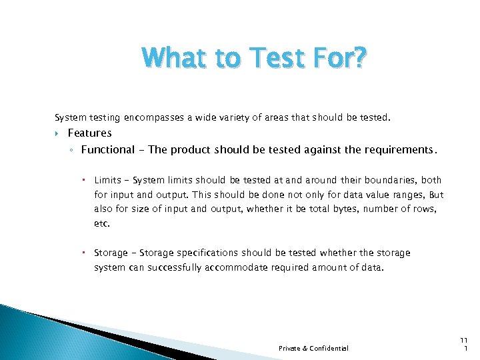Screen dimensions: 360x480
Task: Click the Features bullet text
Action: coord(89,133)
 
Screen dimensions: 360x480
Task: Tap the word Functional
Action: coord(108,149)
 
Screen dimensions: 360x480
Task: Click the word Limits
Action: coord(107,180)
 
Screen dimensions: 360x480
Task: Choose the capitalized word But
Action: coord(436,195)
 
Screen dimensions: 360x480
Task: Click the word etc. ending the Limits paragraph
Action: coord(101,224)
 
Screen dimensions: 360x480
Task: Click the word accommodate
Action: coord(233,267)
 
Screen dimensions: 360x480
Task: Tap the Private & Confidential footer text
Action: coord(313,348)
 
